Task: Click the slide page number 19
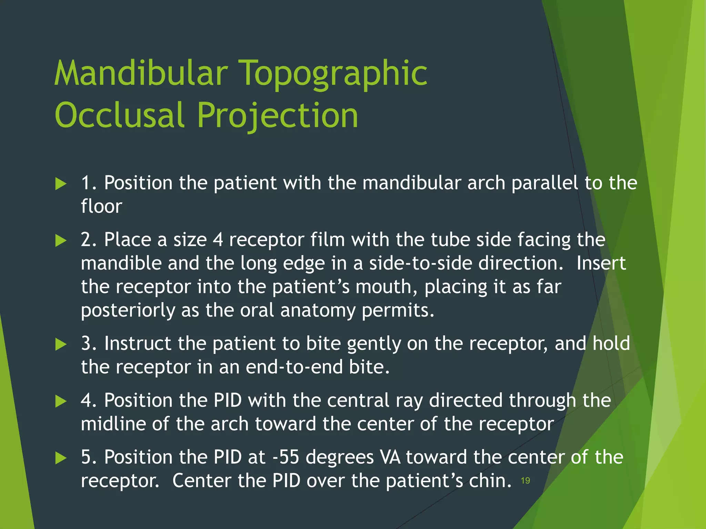coord(525,481)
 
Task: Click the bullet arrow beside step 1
coord(61,184)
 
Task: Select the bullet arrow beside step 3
coord(61,344)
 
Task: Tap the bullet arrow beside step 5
coord(61,458)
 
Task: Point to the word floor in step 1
coord(101,206)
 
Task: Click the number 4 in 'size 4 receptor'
coord(218,240)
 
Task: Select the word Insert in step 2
coord(601,263)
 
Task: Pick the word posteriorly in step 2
coord(128,311)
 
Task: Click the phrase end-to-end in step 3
coord(294,367)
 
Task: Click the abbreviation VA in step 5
coord(390,457)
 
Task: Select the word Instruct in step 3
coord(138,343)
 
